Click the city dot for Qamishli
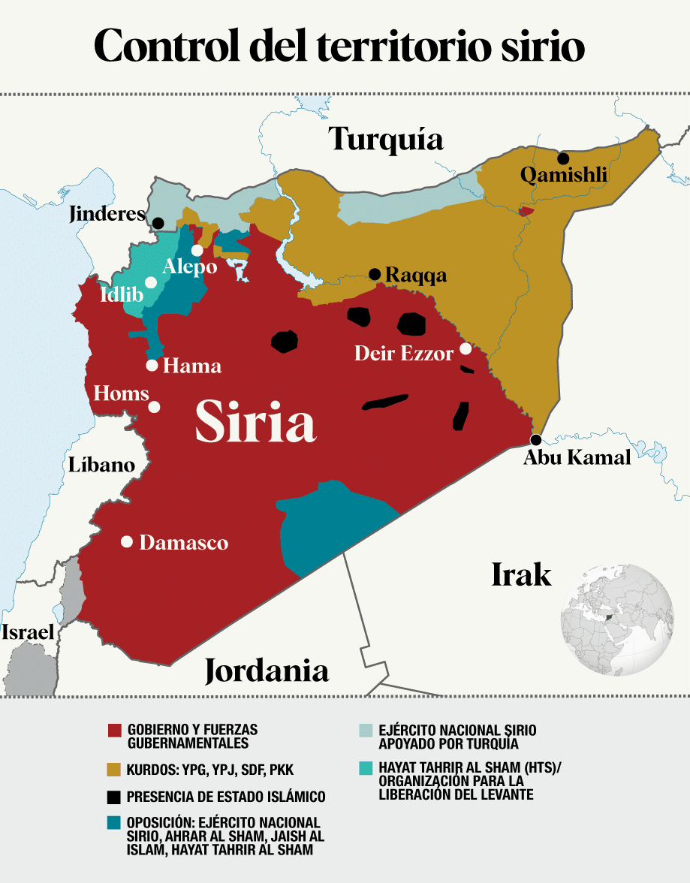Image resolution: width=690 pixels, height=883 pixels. [562, 158]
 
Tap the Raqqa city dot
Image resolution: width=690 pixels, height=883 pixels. [374, 274]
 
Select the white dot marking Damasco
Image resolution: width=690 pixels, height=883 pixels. [127, 541]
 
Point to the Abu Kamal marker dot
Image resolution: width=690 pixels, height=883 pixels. [535, 440]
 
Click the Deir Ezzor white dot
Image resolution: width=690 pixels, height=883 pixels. [466, 348]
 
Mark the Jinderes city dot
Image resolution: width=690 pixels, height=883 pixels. [158, 223]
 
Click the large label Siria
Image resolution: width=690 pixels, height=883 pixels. [255, 422]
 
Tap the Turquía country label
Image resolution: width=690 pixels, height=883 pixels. [386, 140]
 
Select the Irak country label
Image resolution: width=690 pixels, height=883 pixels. [521, 574]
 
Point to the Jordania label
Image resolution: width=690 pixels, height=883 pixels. [267, 670]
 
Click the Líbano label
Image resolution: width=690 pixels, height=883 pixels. [101, 464]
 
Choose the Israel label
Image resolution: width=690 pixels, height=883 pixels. [27, 632]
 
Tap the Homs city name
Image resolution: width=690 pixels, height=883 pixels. [120, 393]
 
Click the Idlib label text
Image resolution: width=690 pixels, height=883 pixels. [121, 295]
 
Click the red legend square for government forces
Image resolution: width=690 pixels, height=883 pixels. [114, 730]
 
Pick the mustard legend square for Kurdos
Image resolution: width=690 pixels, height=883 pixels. [114, 770]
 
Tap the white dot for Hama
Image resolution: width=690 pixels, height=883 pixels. [152, 366]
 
